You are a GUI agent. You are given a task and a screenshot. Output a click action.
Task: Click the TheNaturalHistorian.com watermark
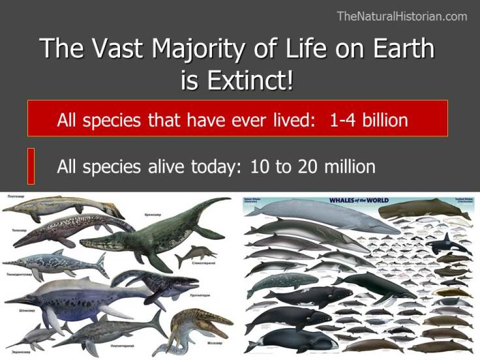pos(402,16)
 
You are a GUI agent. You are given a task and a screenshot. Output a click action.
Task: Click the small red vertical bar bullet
pos(31,166)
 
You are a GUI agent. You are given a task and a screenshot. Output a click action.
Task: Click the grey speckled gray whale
pos(274,282)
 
